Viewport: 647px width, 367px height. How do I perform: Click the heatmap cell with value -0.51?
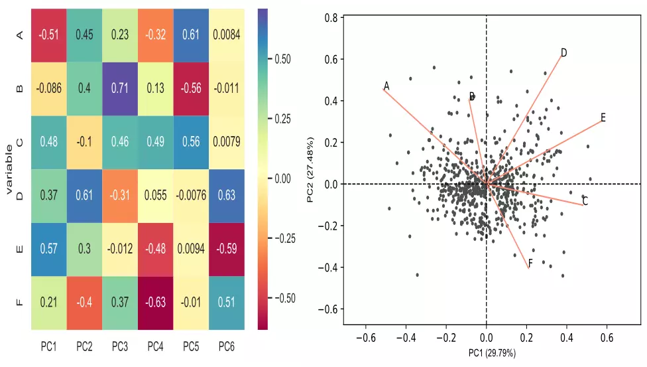point(48,35)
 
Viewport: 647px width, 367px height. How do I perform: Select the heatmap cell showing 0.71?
point(119,88)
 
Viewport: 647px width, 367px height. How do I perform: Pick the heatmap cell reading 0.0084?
point(226,35)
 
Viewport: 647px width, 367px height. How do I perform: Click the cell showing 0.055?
point(155,195)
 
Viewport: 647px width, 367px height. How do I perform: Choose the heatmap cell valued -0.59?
point(226,249)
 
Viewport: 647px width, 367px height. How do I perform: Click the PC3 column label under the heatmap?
point(119,346)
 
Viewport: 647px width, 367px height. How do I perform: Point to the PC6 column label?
point(226,346)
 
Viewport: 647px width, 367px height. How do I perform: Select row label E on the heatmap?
point(19,249)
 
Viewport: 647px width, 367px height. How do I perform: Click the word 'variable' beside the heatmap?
point(9,169)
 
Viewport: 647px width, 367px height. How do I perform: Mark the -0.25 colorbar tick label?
point(285,238)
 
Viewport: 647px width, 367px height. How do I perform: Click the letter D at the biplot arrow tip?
point(563,52)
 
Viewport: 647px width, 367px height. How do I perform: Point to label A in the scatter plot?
point(386,86)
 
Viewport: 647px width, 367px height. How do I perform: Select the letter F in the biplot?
point(530,264)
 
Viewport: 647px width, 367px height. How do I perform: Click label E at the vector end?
point(603,117)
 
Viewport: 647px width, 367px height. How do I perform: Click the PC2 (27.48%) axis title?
point(310,169)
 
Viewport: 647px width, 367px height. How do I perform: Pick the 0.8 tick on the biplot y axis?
point(331,18)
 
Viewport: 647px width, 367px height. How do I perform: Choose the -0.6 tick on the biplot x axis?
point(367,338)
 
